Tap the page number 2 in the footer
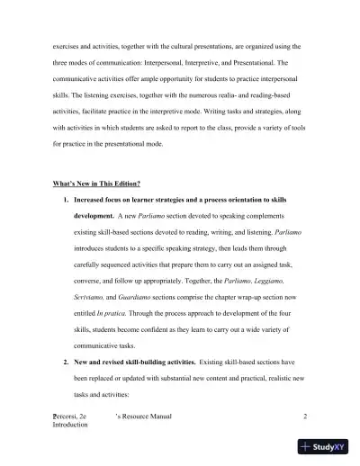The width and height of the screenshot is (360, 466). (x=306, y=416)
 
